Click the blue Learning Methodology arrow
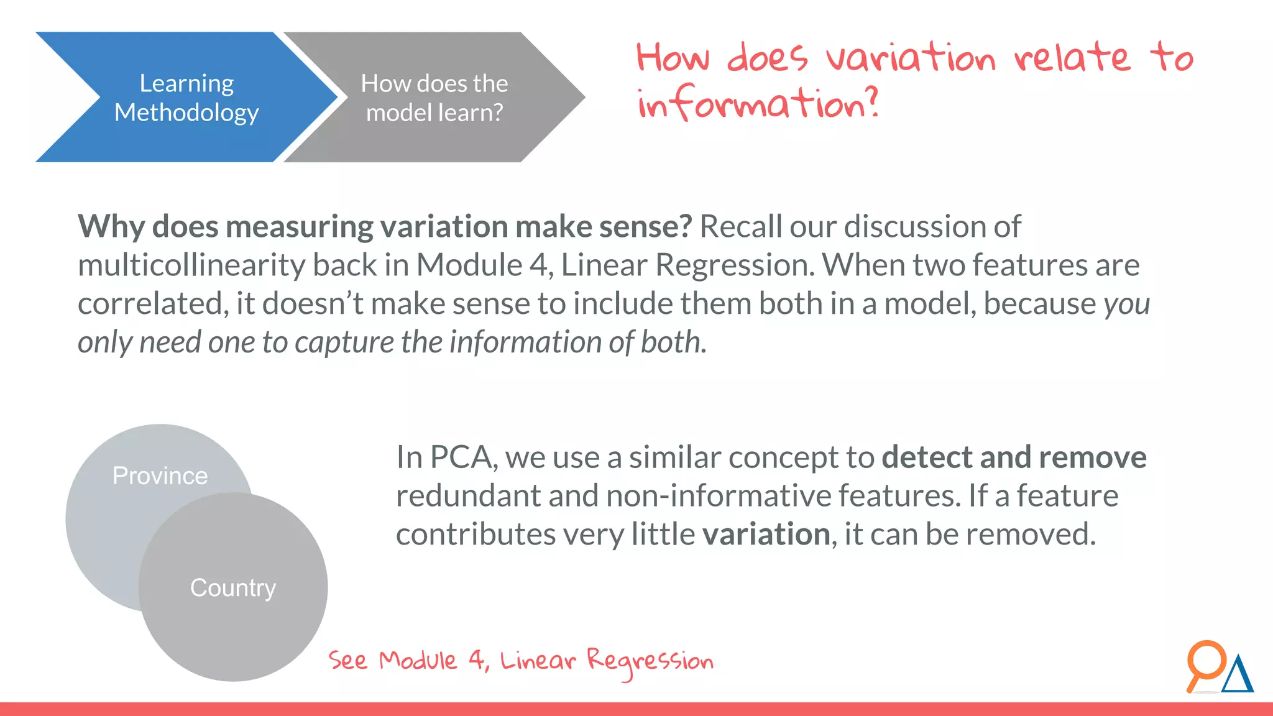(186, 98)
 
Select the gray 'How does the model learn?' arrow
(434, 98)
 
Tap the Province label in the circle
(160, 476)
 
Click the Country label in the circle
(232, 588)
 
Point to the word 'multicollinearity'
(191, 266)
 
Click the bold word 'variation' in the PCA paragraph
(766, 535)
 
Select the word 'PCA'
(460, 457)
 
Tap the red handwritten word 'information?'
(758, 103)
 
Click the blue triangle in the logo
(1238, 676)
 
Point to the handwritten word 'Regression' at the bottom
(650, 661)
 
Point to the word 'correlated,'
(153, 305)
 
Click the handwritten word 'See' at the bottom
(348, 660)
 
